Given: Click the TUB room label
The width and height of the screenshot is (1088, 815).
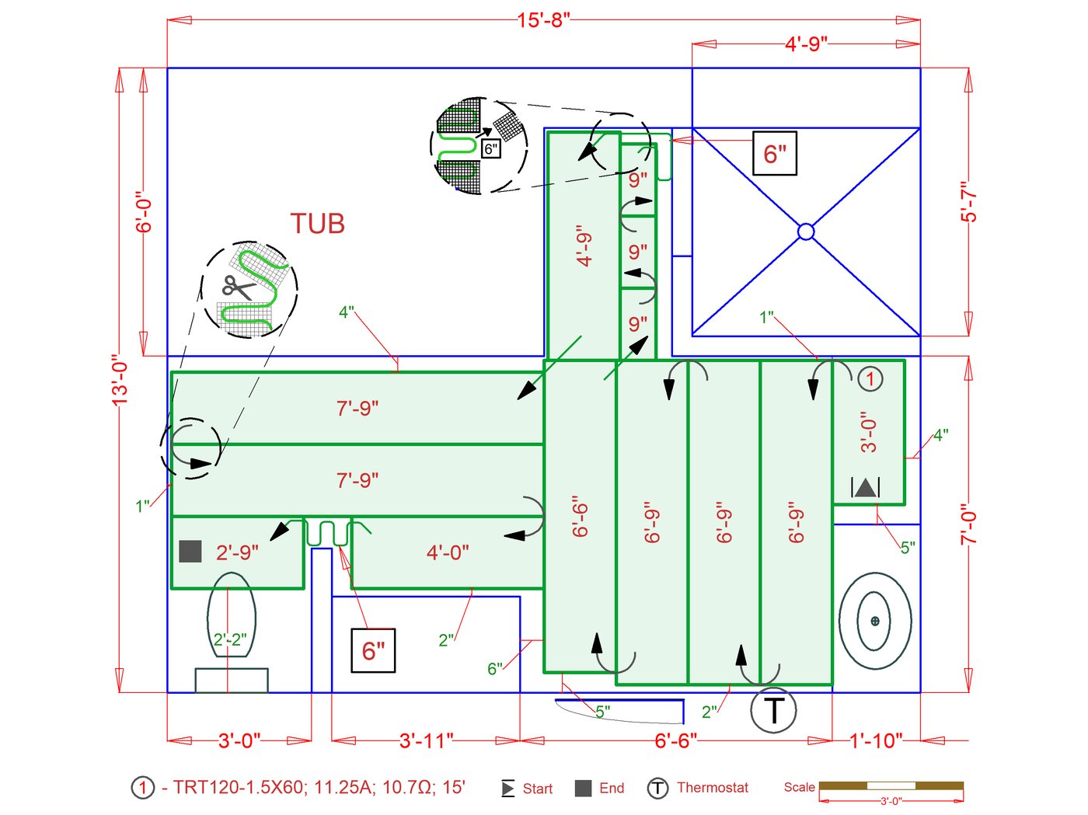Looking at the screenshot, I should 317,224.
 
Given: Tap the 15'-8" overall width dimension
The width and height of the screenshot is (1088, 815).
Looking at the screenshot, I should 543,20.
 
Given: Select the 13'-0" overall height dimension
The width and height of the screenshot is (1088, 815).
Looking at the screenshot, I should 120,380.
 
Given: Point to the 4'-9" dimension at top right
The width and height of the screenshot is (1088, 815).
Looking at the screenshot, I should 805,44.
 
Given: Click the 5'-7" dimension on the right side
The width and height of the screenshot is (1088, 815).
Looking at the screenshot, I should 968,202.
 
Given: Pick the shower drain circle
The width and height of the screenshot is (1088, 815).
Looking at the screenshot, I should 806,232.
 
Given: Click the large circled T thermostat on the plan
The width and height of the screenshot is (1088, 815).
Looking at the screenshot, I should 773,710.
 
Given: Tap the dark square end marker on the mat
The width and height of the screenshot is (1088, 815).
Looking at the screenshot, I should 190,552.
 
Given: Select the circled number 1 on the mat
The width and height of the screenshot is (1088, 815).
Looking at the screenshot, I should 870,379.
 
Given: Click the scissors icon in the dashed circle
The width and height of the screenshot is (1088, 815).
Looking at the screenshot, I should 238,287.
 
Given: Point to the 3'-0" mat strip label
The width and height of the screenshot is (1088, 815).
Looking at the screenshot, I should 868,432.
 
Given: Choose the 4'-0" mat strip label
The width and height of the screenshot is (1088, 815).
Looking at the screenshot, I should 447,553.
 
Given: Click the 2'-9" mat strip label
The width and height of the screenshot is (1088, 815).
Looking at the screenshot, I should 237,552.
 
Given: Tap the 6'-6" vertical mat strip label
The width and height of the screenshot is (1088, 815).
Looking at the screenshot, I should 581,516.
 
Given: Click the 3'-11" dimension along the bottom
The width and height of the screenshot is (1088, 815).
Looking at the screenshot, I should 426,740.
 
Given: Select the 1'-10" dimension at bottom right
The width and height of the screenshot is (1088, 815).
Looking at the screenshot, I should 876,740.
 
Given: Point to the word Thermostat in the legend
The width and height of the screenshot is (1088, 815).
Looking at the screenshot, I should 712,787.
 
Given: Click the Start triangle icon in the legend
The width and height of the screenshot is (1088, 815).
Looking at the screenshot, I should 508,789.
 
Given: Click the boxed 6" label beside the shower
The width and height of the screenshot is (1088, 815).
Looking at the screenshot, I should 775,154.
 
